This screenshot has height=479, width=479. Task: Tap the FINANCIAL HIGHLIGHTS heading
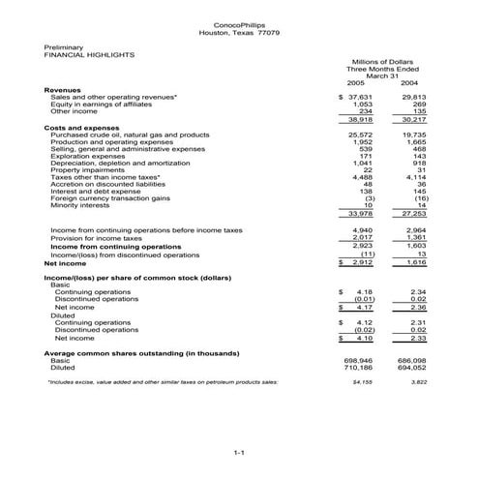coord(90,55)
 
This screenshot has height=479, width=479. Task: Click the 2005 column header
coord(358,84)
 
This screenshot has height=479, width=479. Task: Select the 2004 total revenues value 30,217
coord(412,119)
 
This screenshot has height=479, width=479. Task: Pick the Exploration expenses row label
coord(90,155)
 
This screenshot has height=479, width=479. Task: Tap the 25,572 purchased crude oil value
coord(361,135)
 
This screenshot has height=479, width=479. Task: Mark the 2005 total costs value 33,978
coord(361,213)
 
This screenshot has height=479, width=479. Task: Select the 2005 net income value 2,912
coord(361,262)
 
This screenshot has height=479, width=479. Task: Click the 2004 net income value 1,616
coord(413,262)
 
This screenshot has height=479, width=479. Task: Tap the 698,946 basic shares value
coord(359,360)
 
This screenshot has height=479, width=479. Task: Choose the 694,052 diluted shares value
coord(411,368)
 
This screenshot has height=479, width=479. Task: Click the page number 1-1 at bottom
coord(239,451)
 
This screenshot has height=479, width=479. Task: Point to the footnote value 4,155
coord(362,382)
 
